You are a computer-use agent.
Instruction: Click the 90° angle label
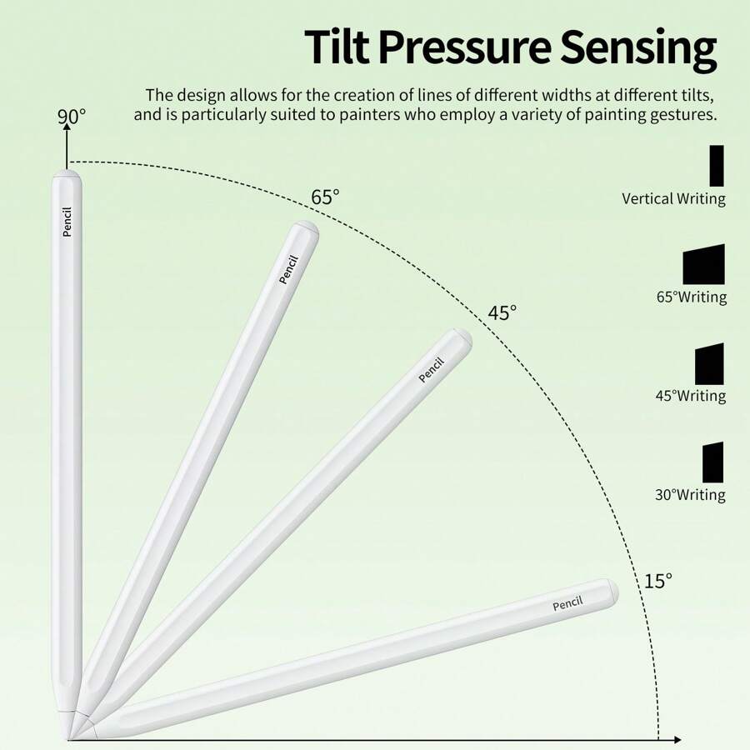click(72, 117)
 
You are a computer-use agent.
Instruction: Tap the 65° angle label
click(325, 197)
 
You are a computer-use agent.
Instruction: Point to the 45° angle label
click(502, 313)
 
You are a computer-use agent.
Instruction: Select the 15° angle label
click(657, 581)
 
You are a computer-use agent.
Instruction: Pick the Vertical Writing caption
click(673, 199)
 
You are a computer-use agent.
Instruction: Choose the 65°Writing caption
click(691, 297)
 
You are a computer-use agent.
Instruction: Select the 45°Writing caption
click(690, 396)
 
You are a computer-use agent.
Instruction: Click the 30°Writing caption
click(690, 495)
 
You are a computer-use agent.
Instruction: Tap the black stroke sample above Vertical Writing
click(717, 166)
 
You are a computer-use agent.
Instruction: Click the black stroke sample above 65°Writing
click(703, 265)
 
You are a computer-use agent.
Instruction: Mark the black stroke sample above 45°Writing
click(709, 364)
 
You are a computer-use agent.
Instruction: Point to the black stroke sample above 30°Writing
click(712, 462)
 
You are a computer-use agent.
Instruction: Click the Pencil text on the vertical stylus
click(67, 222)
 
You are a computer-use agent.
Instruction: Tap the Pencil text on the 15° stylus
click(567, 603)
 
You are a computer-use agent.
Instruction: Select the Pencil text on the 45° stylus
click(431, 370)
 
